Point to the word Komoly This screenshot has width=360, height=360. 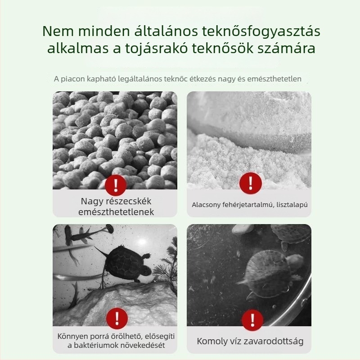(212, 341)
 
